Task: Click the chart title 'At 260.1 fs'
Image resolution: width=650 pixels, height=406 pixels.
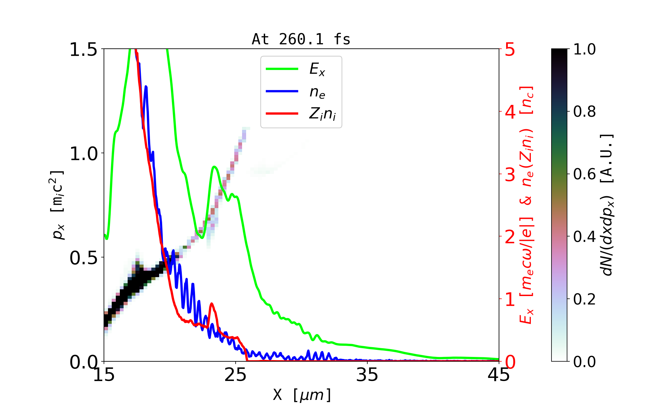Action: tap(301, 40)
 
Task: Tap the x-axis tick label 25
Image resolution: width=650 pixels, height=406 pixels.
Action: tap(236, 375)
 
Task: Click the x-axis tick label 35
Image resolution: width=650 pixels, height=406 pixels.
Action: tap(367, 375)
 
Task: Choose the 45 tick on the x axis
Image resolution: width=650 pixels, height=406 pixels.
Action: tap(499, 375)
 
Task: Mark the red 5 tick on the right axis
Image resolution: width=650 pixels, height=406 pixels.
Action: tap(510, 49)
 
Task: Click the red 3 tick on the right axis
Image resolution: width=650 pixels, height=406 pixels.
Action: tap(510, 175)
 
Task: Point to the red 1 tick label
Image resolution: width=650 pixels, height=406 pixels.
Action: tap(510, 299)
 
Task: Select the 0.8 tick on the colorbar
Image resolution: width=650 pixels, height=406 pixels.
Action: tap(584, 111)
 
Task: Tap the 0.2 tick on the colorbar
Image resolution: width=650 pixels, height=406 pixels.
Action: tap(584, 299)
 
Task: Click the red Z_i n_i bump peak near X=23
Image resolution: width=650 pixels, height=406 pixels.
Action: tap(212, 304)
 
